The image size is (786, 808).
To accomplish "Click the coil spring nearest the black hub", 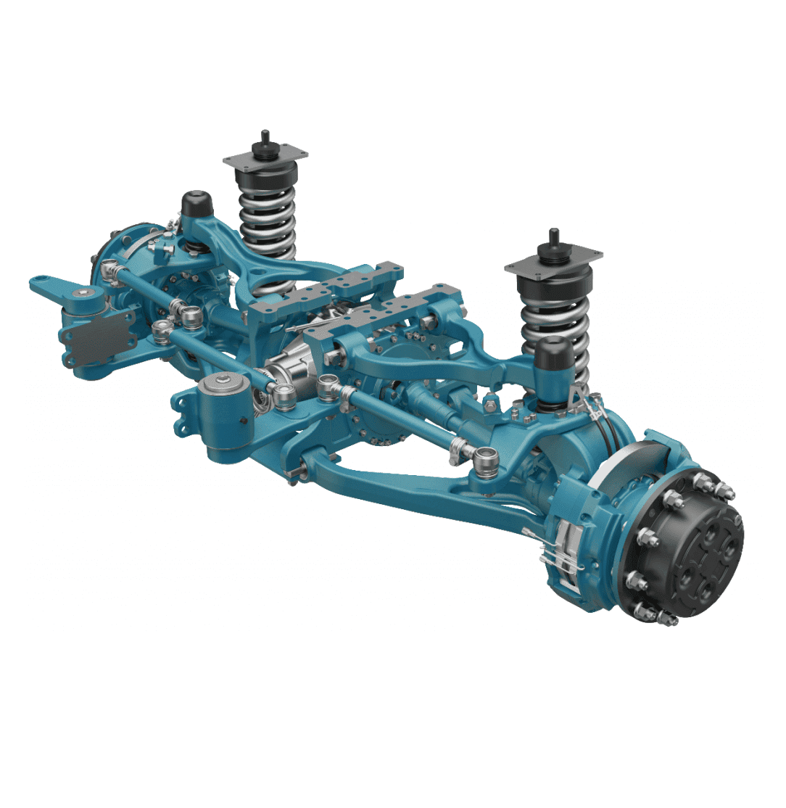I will pos(551,319).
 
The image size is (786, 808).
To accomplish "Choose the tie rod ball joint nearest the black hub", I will pos(484,458).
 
